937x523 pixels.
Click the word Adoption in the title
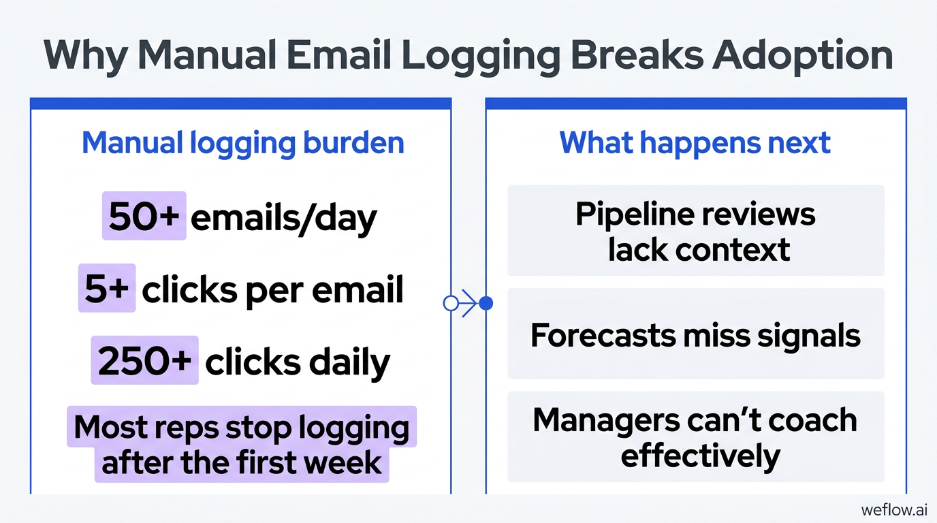click(803, 57)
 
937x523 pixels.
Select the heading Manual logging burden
click(243, 144)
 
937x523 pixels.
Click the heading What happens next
click(695, 144)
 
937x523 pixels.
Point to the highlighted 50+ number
click(144, 216)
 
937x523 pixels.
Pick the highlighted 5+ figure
click(107, 288)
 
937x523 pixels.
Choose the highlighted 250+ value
click(145, 360)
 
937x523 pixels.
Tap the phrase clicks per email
click(273, 289)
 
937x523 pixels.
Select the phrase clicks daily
click(298, 362)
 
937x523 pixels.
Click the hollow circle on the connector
click(451, 303)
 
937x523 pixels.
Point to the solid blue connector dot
click(486, 303)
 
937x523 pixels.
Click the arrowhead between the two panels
click(470, 303)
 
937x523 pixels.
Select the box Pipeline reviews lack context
click(696, 231)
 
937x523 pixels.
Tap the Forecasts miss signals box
click(696, 334)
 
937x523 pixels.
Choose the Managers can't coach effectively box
click(696, 437)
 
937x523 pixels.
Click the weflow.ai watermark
click(894, 509)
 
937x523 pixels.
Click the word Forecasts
click(603, 335)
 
